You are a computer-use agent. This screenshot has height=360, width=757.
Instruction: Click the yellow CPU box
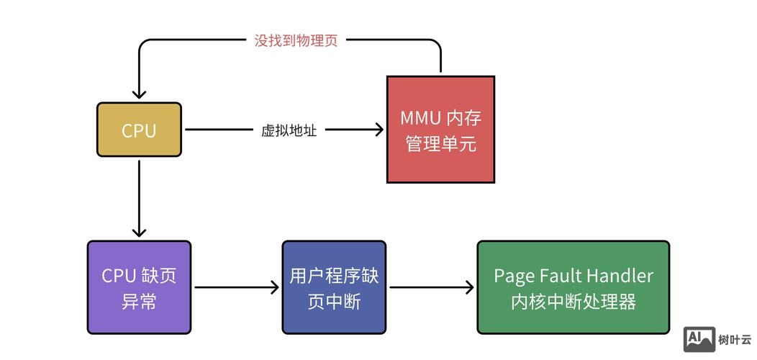pyautogui.click(x=139, y=130)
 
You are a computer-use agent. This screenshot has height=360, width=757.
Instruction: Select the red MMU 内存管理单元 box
pyautogui.click(x=440, y=130)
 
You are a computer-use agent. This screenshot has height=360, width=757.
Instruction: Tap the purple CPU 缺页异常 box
pyautogui.click(x=139, y=287)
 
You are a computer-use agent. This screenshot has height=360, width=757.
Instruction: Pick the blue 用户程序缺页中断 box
pyautogui.click(x=333, y=287)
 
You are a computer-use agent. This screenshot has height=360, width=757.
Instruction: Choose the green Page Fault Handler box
pyautogui.click(x=573, y=287)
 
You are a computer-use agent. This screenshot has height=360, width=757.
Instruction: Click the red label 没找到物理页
pyautogui.click(x=296, y=40)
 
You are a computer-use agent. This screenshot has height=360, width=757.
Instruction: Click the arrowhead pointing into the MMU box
pyautogui.click(x=378, y=130)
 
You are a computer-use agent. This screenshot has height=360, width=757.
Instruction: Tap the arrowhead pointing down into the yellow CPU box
pyautogui.click(x=139, y=94)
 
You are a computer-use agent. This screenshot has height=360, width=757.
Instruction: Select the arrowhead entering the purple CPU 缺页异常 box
pyautogui.click(x=139, y=232)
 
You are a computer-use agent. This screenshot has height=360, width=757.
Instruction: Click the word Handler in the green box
pyautogui.click(x=620, y=275)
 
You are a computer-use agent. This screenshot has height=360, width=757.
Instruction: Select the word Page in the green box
pyautogui.click(x=509, y=275)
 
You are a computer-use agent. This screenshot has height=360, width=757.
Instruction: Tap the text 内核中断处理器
pyautogui.click(x=573, y=302)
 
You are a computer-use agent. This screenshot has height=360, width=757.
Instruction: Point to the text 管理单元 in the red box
pyautogui.click(x=440, y=144)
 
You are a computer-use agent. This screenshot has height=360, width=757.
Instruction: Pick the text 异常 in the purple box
pyautogui.click(x=139, y=302)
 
